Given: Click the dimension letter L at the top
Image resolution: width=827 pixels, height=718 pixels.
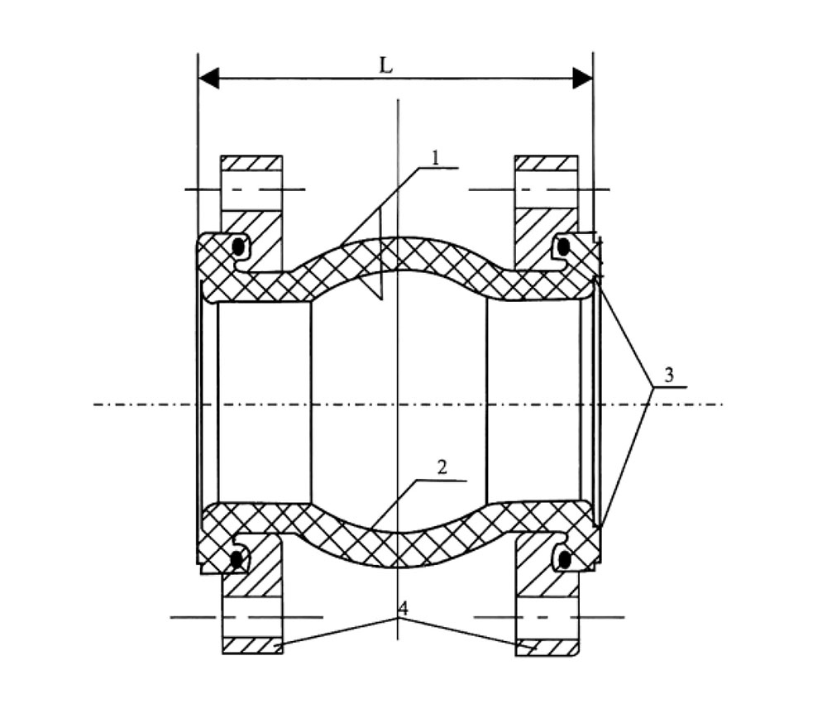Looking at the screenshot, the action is pos(386,65).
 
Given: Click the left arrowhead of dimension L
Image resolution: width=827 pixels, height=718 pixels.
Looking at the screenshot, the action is pos(209,79).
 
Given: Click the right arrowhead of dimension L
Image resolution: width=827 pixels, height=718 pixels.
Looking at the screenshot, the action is pos(583,79).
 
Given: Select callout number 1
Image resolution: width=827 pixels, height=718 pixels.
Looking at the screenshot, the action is pos(436,157).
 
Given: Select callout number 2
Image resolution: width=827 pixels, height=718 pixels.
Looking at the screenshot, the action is pos(442,467).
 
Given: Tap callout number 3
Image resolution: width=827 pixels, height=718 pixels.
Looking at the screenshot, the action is pos(669,375).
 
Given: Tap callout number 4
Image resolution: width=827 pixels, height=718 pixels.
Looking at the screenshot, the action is pos(403,608).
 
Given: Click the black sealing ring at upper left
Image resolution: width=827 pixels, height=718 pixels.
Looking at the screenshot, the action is pos(239,247).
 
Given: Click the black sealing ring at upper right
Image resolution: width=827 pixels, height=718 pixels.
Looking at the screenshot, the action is pos(564,246).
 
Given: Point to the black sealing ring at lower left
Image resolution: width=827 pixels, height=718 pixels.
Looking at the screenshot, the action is pos(237,559).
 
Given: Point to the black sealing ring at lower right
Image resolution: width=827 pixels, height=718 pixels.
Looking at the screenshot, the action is pos(564,558).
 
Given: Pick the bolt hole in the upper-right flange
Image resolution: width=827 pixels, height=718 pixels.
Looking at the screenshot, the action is pos(547,189).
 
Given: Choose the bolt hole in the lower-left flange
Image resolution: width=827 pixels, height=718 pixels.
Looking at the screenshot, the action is pos(252,617).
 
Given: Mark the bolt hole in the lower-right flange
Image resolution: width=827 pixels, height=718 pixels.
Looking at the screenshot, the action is pos(547,618).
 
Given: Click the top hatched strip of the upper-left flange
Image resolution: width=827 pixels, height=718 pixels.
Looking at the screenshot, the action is pos(251,163).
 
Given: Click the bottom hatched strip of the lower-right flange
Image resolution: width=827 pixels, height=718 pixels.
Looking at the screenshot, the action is pos(547,648).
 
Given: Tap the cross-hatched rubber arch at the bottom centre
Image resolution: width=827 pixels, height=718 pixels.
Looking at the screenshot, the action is pos(399,548).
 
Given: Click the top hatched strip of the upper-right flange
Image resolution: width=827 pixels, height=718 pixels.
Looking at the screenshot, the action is pos(547,163).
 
